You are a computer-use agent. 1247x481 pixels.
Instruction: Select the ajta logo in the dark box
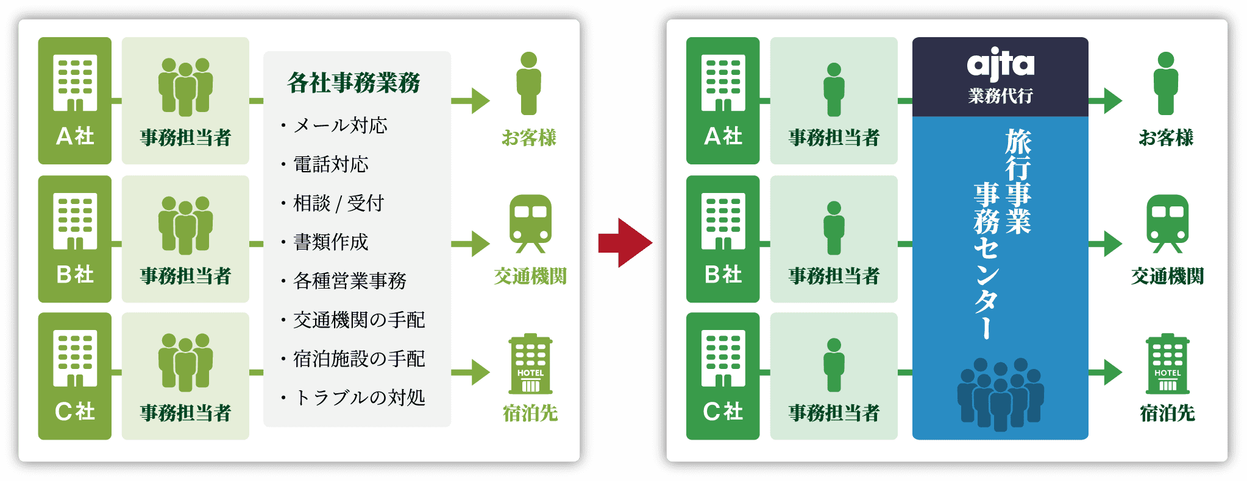tap(1000, 65)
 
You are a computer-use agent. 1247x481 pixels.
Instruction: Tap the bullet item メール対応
tap(340, 125)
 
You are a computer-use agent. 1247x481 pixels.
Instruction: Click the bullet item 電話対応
tap(331, 164)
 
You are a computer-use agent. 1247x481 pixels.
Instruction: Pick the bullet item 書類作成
tap(331, 242)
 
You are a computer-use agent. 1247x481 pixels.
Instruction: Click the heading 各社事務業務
tap(354, 83)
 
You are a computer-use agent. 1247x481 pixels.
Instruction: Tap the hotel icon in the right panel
tap(1167, 364)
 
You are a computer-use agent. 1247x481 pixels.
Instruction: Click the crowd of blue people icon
tap(1000, 393)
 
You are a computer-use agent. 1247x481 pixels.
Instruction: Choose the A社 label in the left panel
tap(75, 136)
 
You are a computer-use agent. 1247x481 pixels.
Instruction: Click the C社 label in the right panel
tap(723, 412)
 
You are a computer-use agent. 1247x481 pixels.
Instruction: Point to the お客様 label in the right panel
tap(1166, 138)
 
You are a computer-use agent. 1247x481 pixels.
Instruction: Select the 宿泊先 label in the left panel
tap(530, 413)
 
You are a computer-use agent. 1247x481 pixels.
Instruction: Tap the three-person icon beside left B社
tap(185, 225)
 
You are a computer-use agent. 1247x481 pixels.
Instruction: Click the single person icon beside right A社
tap(834, 89)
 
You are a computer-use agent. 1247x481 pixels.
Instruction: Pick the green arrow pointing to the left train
tap(471, 244)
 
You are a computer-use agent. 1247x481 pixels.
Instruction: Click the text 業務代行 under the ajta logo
tap(1000, 96)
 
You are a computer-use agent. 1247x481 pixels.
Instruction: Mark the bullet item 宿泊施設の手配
tap(359, 359)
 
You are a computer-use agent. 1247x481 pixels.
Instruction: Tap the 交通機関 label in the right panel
tap(1167, 276)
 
